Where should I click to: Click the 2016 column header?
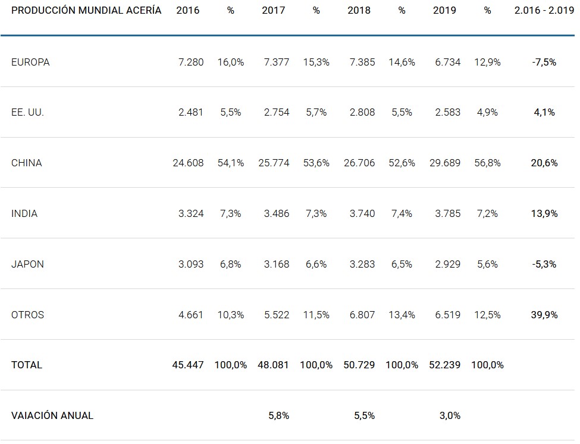[188, 11]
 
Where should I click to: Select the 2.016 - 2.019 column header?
[544, 11]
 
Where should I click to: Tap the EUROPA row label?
[30, 62]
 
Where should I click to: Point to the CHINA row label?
[27, 163]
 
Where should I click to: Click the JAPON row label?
[27, 264]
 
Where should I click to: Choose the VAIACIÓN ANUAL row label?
[52, 415]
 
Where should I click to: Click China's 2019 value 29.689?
[445, 163]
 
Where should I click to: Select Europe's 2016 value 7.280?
[191, 62]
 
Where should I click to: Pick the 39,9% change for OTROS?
[544, 315]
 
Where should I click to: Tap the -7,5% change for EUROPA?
[544, 62]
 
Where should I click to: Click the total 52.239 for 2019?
[445, 365]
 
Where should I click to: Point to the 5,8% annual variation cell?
[278, 415]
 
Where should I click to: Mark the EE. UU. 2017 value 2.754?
[277, 112]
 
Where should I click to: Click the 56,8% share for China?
[487, 163]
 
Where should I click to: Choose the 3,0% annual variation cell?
[450, 415]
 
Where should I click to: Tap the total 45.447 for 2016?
[188, 365]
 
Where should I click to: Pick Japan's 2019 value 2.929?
[447, 264]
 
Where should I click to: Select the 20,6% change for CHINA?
[544, 163]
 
